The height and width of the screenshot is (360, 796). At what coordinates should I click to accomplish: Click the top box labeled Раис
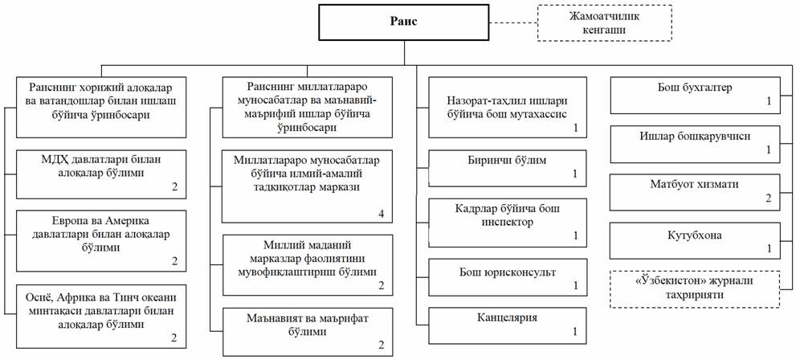click(404, 22)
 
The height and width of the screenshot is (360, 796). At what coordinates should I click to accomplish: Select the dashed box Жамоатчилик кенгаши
click(604, 22)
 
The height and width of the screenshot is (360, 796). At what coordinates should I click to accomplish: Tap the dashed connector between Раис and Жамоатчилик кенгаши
click(514, 22)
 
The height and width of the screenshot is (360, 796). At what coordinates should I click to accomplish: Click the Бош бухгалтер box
click(695, 95)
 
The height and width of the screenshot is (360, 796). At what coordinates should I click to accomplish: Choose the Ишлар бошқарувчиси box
click(695, 145)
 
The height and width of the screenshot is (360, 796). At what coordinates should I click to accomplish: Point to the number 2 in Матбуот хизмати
click(768, 198)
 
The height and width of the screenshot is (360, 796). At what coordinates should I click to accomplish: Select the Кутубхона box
click(695, 241)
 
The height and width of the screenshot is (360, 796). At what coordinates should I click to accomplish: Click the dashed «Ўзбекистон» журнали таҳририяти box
click(695, 289)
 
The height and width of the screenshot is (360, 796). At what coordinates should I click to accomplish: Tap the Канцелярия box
click(508, 325)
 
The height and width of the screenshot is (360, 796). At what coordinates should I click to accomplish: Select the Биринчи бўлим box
click(508, 168)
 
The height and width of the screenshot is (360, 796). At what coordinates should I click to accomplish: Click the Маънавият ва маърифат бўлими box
click(308, 332)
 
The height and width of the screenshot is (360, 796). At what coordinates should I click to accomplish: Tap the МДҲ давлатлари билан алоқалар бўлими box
click(100, 174)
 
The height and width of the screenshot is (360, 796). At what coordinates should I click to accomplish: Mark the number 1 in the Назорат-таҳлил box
click(576, 128)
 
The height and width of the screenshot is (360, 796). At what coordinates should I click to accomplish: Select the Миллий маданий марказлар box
click(308, 265)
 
